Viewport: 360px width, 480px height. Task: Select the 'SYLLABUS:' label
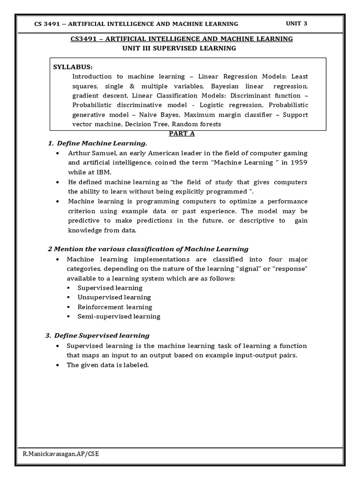tap(73, 67)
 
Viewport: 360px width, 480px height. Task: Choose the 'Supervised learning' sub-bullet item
tap(110, 288)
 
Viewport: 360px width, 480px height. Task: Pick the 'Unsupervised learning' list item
tap(114, 297)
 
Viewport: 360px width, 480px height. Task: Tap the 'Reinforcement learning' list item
tap(115, 307)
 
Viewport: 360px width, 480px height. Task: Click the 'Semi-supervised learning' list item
tap(119, 316)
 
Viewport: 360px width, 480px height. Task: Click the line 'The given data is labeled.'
tap(107, 365)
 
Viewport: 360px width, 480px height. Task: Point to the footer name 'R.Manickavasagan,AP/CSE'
tap(61, 454)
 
